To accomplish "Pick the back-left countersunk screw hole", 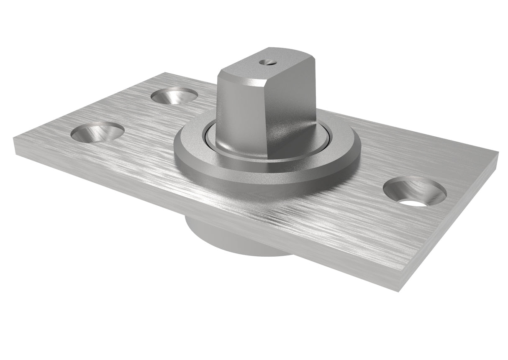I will pyautogui.click(x=174, y=96).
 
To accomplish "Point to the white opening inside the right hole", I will pyautogui.click(x=416, y=202).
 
